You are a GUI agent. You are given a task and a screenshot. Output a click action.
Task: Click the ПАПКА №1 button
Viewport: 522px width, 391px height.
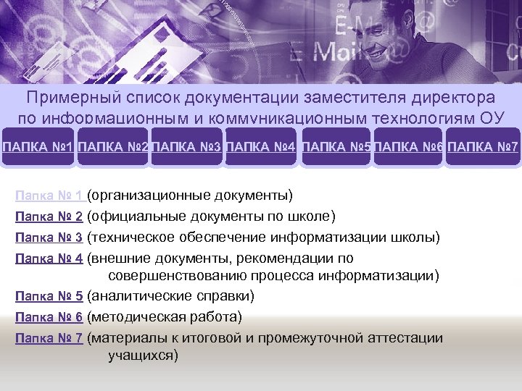click(37, 148)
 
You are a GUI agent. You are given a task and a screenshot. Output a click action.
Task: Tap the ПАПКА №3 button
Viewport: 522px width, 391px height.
click(187, 148)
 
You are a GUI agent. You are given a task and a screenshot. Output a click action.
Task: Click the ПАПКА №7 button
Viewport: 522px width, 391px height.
click(484, 148)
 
